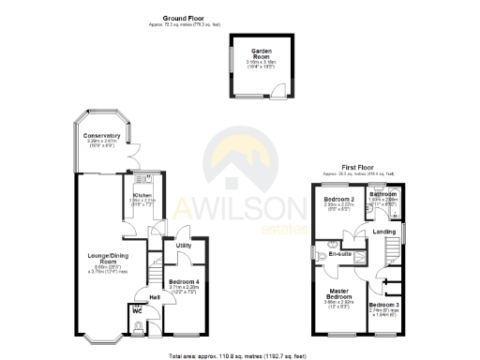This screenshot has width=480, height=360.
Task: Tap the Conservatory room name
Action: [97, 136]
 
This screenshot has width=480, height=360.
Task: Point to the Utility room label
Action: [184, 246]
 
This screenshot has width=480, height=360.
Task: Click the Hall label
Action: [155, 297]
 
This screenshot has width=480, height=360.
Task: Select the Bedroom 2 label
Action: [338, 200]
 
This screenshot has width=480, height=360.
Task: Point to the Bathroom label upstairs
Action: [382, 194]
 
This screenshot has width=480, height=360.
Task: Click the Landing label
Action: [383, 231]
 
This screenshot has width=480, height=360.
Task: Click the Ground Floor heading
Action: [183, 18]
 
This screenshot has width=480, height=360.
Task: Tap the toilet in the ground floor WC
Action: [140, 326]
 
